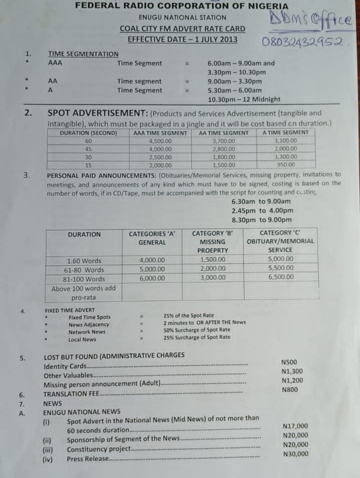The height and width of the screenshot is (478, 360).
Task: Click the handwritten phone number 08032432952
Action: click(x=302, y=42)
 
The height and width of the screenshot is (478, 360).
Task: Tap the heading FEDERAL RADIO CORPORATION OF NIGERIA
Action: click(x=182, y=6)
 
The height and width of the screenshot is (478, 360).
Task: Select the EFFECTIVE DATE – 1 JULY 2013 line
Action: click(x=182, y=40)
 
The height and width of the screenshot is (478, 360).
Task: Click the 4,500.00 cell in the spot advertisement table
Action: click(x=160, y=141)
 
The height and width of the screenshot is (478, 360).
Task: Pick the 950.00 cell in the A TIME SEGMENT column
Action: click(x=285, y=164)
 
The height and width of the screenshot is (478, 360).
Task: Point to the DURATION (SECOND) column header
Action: click(x=88, y=133)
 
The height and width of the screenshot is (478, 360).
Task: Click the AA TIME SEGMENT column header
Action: click(x=223, y=133)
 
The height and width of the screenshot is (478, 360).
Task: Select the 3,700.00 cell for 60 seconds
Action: click(x=223, y=141)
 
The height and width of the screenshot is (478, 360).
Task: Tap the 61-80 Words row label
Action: click(x=84, y=270)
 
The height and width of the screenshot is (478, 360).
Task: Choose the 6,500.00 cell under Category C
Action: click(x=280, y=277)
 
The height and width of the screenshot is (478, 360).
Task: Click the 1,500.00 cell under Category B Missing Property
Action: click(x=212, y=260)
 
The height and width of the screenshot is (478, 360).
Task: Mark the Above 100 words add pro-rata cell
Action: click(x=83, y=293)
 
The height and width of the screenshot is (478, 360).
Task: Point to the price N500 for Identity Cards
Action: click(x=289, y=362)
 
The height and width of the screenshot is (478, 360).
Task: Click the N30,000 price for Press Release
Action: click(x=295, y=454)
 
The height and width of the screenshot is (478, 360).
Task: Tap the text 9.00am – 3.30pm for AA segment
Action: click(x=234, y=81)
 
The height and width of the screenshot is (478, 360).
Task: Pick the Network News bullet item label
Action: click(x=87, y=332)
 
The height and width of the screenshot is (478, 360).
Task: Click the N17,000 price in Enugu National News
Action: click(x=295, y=426)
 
